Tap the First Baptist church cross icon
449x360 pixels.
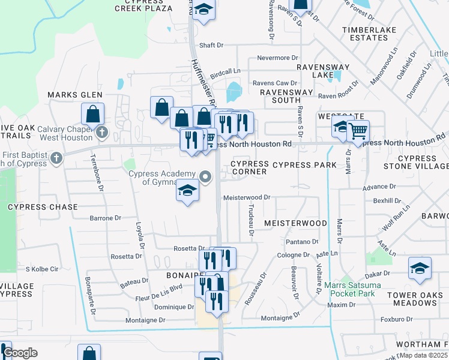click(56, 158)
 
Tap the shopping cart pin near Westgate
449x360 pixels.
click(358, 130)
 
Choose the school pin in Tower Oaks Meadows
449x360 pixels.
click(420, 268)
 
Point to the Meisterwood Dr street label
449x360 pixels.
click(247, 197)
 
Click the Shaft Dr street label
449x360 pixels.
click(211, 45)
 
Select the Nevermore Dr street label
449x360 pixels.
click(277, 58)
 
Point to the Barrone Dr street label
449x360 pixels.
click(105, 218)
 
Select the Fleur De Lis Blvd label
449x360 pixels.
click(160, 287)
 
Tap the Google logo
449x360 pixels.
click(20, 353)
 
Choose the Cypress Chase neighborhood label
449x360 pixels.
click(43, 207)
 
